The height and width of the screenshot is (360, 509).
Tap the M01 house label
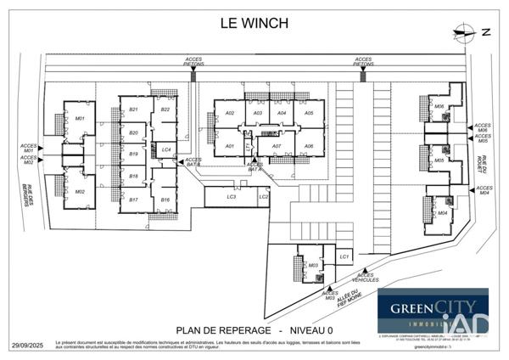tap(80, 118)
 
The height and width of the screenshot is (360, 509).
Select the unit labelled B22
tap(165, 110)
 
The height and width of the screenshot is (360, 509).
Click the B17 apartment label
tap(133, 200)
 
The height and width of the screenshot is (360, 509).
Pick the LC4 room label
tap(166, 150)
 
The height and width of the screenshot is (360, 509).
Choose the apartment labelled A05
tap(309, 113)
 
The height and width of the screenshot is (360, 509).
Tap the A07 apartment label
tap(277, 146)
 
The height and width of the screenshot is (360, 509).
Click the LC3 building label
tap(230, 197)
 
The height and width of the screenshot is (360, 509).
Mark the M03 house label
tap(312, 265)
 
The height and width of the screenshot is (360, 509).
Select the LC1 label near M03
tap(344, 256)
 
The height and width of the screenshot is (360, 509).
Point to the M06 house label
tap(439, 106)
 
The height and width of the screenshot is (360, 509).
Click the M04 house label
tap(442, 213)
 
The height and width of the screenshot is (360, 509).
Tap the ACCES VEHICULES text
tap(366, 277)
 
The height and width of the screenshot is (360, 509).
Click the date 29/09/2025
tap(27, 346)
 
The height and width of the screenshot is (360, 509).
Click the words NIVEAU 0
tap(310, 329)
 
